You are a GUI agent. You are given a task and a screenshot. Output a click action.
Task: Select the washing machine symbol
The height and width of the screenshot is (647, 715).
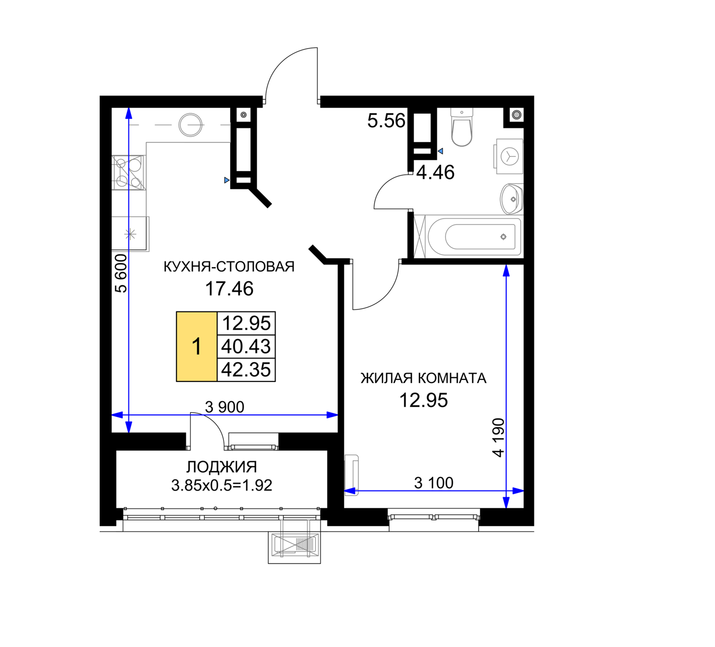(509, 157)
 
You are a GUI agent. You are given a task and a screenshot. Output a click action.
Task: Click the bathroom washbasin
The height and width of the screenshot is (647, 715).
(511, 199)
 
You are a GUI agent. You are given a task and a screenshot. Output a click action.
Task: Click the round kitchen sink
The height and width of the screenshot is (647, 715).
(190, 125)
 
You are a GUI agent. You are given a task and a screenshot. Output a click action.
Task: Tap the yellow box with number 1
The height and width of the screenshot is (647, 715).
(197, 346)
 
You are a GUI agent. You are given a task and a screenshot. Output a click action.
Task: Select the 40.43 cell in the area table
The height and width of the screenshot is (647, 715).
(246, 346)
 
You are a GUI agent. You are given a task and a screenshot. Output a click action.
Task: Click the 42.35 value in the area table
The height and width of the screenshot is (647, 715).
(246, 369)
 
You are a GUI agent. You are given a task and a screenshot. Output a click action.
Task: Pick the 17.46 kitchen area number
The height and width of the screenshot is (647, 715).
(229, 289)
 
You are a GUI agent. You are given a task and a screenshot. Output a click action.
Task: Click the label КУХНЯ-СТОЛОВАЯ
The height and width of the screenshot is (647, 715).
(229, 267)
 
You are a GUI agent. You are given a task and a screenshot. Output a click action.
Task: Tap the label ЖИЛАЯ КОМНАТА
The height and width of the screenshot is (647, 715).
(423, 378)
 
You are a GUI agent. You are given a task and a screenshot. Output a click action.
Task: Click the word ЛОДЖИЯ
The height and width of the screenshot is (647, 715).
(222, 467)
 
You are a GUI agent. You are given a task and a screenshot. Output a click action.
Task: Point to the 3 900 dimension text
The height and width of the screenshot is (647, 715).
(224, 407)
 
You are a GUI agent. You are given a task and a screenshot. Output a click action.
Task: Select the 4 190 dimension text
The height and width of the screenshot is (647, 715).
(498, 438)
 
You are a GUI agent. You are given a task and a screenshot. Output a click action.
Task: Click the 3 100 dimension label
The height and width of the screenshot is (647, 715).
(434, 483)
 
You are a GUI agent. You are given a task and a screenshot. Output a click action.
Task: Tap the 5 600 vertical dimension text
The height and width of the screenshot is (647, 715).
(122, 273)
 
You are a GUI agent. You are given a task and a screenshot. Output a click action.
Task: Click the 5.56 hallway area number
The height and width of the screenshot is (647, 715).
(386, 121)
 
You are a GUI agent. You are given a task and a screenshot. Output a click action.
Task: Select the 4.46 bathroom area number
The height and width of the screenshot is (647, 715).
(436, 173)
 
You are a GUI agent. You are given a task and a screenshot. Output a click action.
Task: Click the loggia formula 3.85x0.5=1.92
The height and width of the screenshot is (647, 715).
(222, 485)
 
